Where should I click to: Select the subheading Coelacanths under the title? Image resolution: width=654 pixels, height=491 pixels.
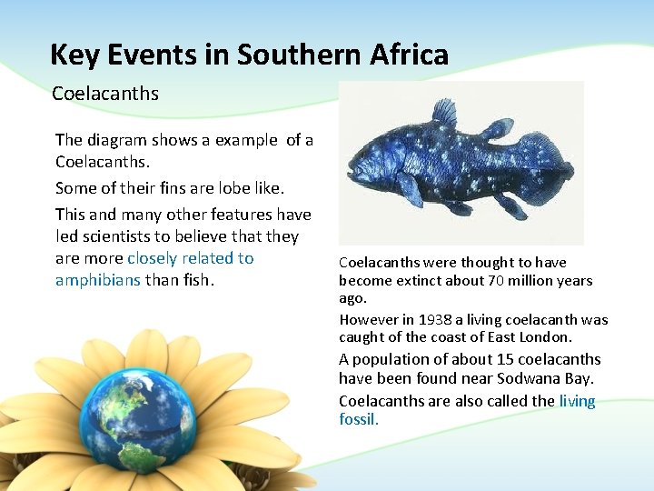pos(105,94)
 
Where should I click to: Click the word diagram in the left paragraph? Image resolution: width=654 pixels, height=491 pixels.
pos(119,140)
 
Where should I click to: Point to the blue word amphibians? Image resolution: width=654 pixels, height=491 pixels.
pos(98,280)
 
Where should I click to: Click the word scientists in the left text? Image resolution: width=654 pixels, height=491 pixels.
pos(124,236)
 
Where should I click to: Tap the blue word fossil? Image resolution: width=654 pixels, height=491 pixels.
pos(357,419)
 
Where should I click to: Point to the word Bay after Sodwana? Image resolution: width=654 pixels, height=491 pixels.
pos(577,378)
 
